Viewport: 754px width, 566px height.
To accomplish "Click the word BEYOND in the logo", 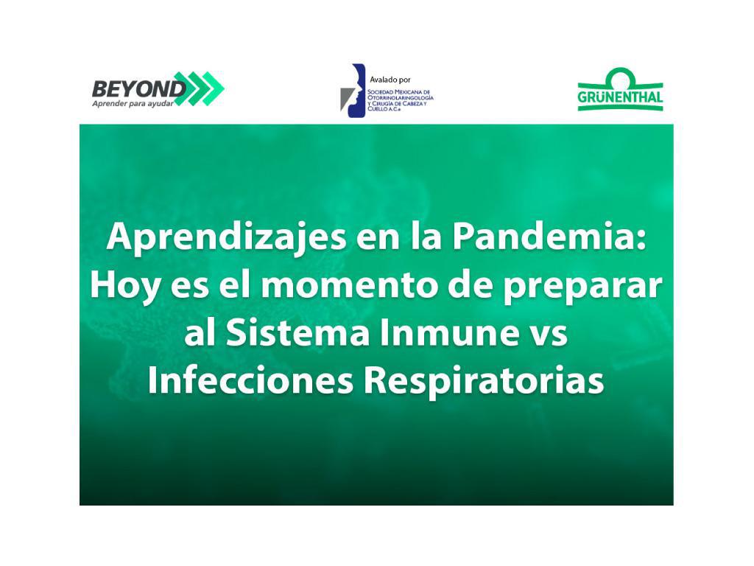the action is (x=138, y=89).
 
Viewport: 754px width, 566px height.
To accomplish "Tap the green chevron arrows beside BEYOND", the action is (x=198, y=88).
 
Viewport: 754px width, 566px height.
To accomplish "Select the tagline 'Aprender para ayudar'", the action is (x=133, y=103).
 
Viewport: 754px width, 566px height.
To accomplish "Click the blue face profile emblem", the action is (x=353, y=91).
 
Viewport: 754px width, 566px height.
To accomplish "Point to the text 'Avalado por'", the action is (x=390, y=80).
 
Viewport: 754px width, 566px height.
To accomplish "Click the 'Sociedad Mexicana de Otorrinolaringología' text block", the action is (x=400, y=100).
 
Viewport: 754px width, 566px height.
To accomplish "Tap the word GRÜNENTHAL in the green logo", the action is (x=620, y=97).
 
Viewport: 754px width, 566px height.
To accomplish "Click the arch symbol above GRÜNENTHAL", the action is (x=620, y=77).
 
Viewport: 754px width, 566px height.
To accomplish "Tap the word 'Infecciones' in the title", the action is (x=250, y=380).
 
